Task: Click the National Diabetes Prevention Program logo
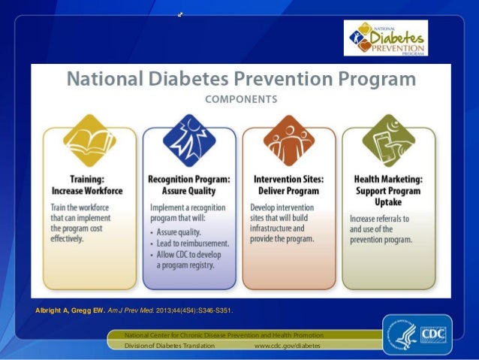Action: click(x=385, y=38)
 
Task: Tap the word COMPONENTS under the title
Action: click(x=240, y=98)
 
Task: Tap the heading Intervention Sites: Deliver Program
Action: click(x=289, y=185)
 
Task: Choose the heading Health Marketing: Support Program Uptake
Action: click(x=388, y=191)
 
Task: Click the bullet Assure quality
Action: click(x=184, y=233)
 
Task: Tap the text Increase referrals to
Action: click(x=380, y=219)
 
